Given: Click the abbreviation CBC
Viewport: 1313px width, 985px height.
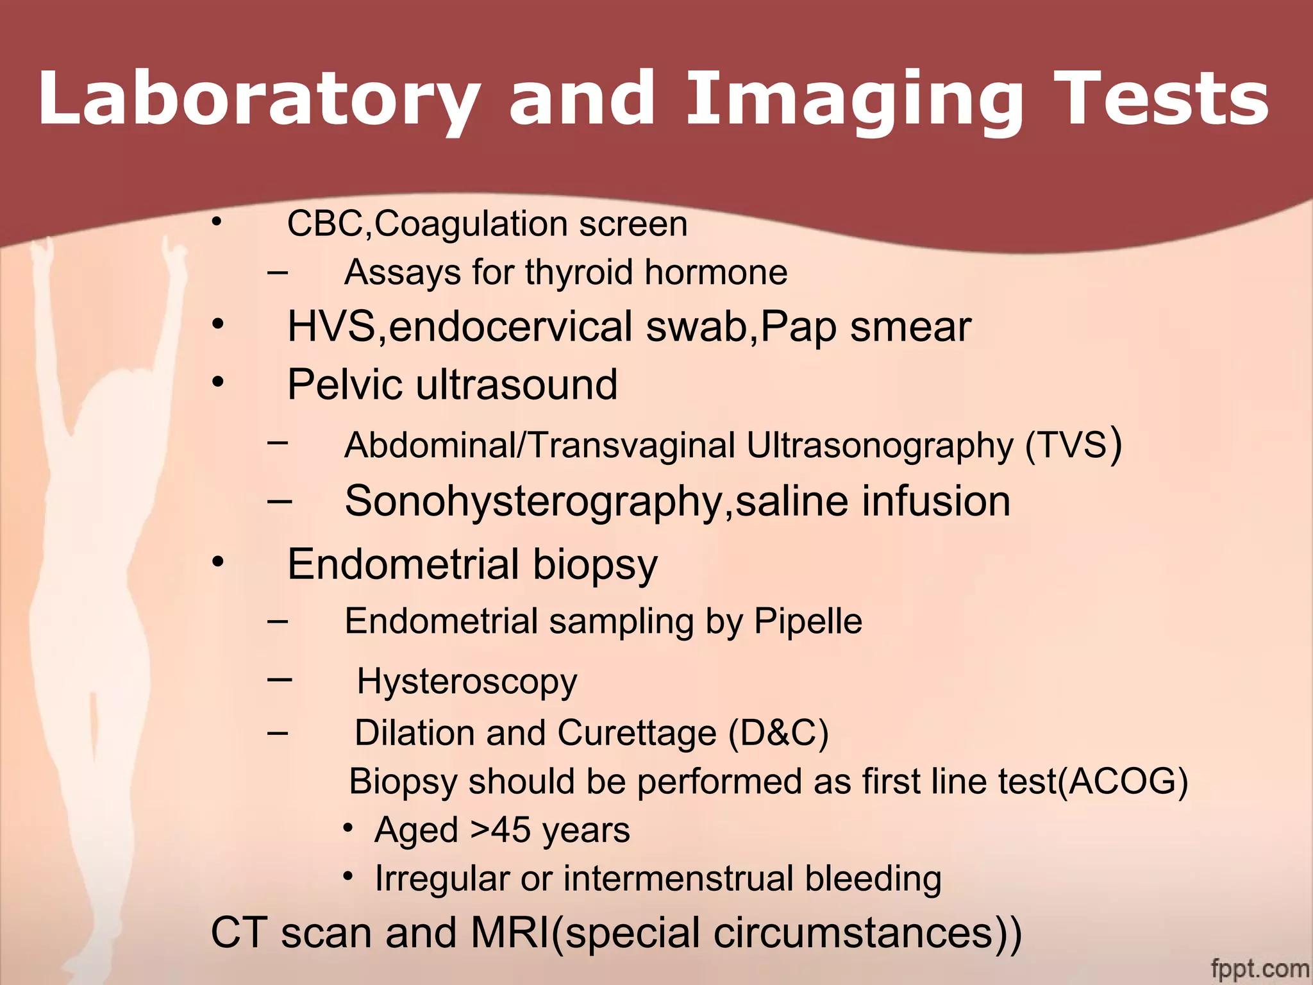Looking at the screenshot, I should (326, 224).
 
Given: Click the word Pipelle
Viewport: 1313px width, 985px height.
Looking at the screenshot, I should (808, 621).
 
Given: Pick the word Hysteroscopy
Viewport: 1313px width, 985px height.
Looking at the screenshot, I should (467, 682).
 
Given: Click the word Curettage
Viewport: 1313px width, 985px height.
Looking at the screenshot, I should (636, 733).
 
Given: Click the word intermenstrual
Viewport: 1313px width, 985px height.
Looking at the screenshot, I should (678, 879).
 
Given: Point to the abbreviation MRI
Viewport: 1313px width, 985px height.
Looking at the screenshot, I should (510, 933).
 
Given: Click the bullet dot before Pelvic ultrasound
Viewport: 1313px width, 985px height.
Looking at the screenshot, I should (218, 382).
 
